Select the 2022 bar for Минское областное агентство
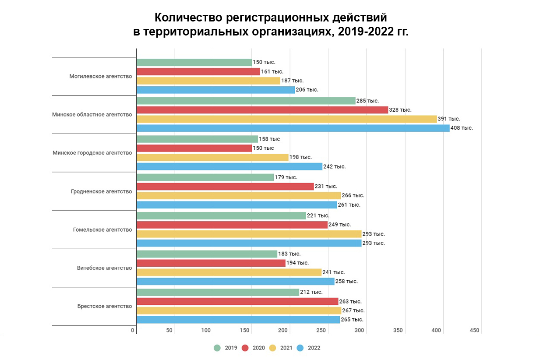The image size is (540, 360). coord(293,128)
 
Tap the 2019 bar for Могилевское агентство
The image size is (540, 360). coord(194,62)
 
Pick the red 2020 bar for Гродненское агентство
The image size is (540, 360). coord(225,186)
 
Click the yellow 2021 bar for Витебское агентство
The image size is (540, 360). coord(229,272)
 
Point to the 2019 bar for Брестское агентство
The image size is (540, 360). coord(218,292)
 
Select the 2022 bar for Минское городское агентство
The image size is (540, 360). coord(229,166)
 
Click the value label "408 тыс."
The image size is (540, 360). coord(462,128)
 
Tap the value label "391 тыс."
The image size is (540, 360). coord(449,119)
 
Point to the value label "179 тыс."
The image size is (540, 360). coord(286,177)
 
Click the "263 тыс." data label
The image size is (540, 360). coord(350,301)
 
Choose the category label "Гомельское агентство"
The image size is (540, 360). coord(102,229)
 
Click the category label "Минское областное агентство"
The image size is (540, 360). coord(92,115)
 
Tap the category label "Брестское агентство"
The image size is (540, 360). coord(104,306)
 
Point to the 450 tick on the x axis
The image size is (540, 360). coord(475,330)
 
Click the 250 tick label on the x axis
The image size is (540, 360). coord(321,330)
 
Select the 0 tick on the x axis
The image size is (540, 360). coord(133,330)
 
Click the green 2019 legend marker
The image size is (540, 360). coord(217,348)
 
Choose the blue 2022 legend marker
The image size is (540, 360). coord(300,348)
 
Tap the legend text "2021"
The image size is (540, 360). coord(286,348)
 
